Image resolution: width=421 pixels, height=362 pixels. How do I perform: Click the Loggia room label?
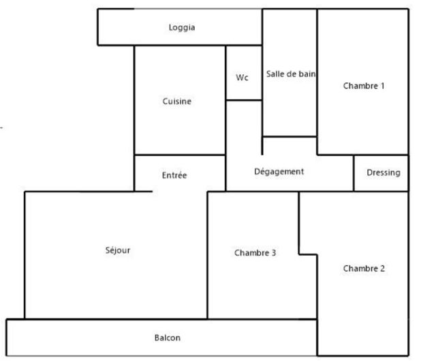click(182, 28)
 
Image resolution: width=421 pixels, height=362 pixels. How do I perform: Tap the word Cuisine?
click(177, 101)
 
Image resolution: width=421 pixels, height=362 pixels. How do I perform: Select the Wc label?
click(242, 78)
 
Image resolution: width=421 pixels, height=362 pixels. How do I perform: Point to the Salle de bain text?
click(291, 74)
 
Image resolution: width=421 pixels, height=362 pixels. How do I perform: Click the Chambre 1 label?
click(364, 86)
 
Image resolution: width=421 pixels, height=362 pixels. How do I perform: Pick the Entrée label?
click(174, 176)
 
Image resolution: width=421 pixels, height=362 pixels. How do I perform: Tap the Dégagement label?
click(279, 172)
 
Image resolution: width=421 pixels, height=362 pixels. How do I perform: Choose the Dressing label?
click(384, 173)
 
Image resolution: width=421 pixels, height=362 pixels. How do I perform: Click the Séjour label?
click(118, 250)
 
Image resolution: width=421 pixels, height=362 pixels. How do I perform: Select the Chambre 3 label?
click(255, 253)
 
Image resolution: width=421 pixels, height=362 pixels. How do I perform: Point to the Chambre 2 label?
click(364, 268)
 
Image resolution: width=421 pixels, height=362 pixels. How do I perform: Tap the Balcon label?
click(168, 338)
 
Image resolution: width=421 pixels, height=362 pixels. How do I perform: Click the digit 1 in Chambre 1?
click(382, 86)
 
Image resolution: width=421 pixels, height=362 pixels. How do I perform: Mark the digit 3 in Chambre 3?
click(273, 253)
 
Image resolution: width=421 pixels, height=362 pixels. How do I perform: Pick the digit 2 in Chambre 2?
click(382, 268)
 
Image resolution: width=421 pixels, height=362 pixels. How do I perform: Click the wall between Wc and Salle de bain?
click(262, 73)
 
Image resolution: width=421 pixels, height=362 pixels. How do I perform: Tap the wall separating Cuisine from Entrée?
click(180, 154)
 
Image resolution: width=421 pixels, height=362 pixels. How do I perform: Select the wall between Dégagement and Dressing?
click(354, 173)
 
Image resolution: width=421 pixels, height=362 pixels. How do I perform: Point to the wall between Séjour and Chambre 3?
click(207, 255)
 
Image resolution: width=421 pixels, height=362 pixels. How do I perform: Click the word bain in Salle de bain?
click(307, 74)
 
